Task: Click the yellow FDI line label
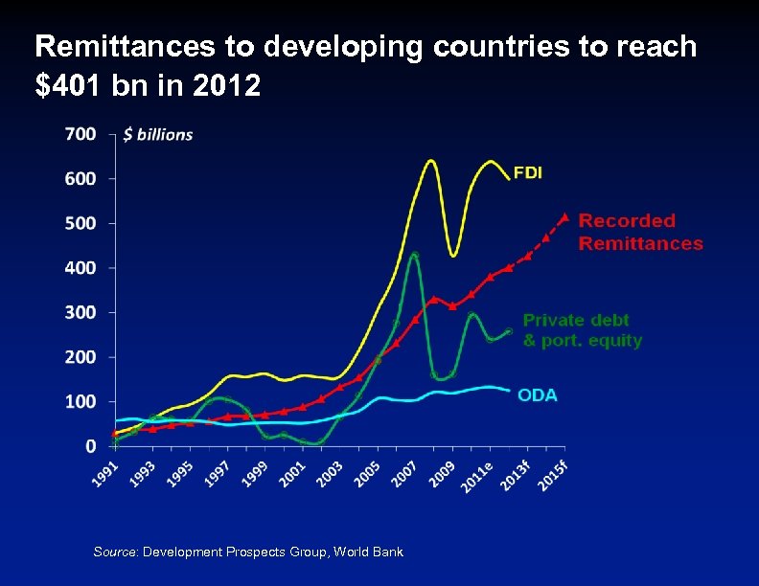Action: click(x=528, y=173)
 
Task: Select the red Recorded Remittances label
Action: click(x=640, y=233)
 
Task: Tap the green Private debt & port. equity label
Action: click(x=582, y=330)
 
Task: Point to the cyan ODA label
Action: click(x=538, y=394)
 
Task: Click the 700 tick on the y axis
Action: click(x=80, y=134)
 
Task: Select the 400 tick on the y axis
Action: click(x=80, y=268)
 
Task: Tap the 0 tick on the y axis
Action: click(x=90, y=446)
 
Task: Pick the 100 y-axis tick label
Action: click(x=80, y=401)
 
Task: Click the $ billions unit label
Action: click(x=158, y=135)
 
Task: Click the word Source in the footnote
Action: click(x=115, y=552)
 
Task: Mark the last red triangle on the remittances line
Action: click(x=564, y=217)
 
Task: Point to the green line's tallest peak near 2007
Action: click(x=414, y=255)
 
